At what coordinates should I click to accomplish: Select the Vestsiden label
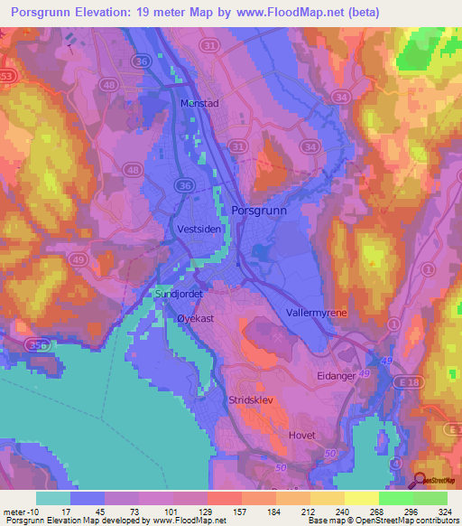pyautogui.click(x=200, y=230)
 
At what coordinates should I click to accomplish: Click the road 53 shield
pyautogui.click(x=8, y=76)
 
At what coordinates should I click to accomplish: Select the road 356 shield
pyautogui.click(x=37, y=344)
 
